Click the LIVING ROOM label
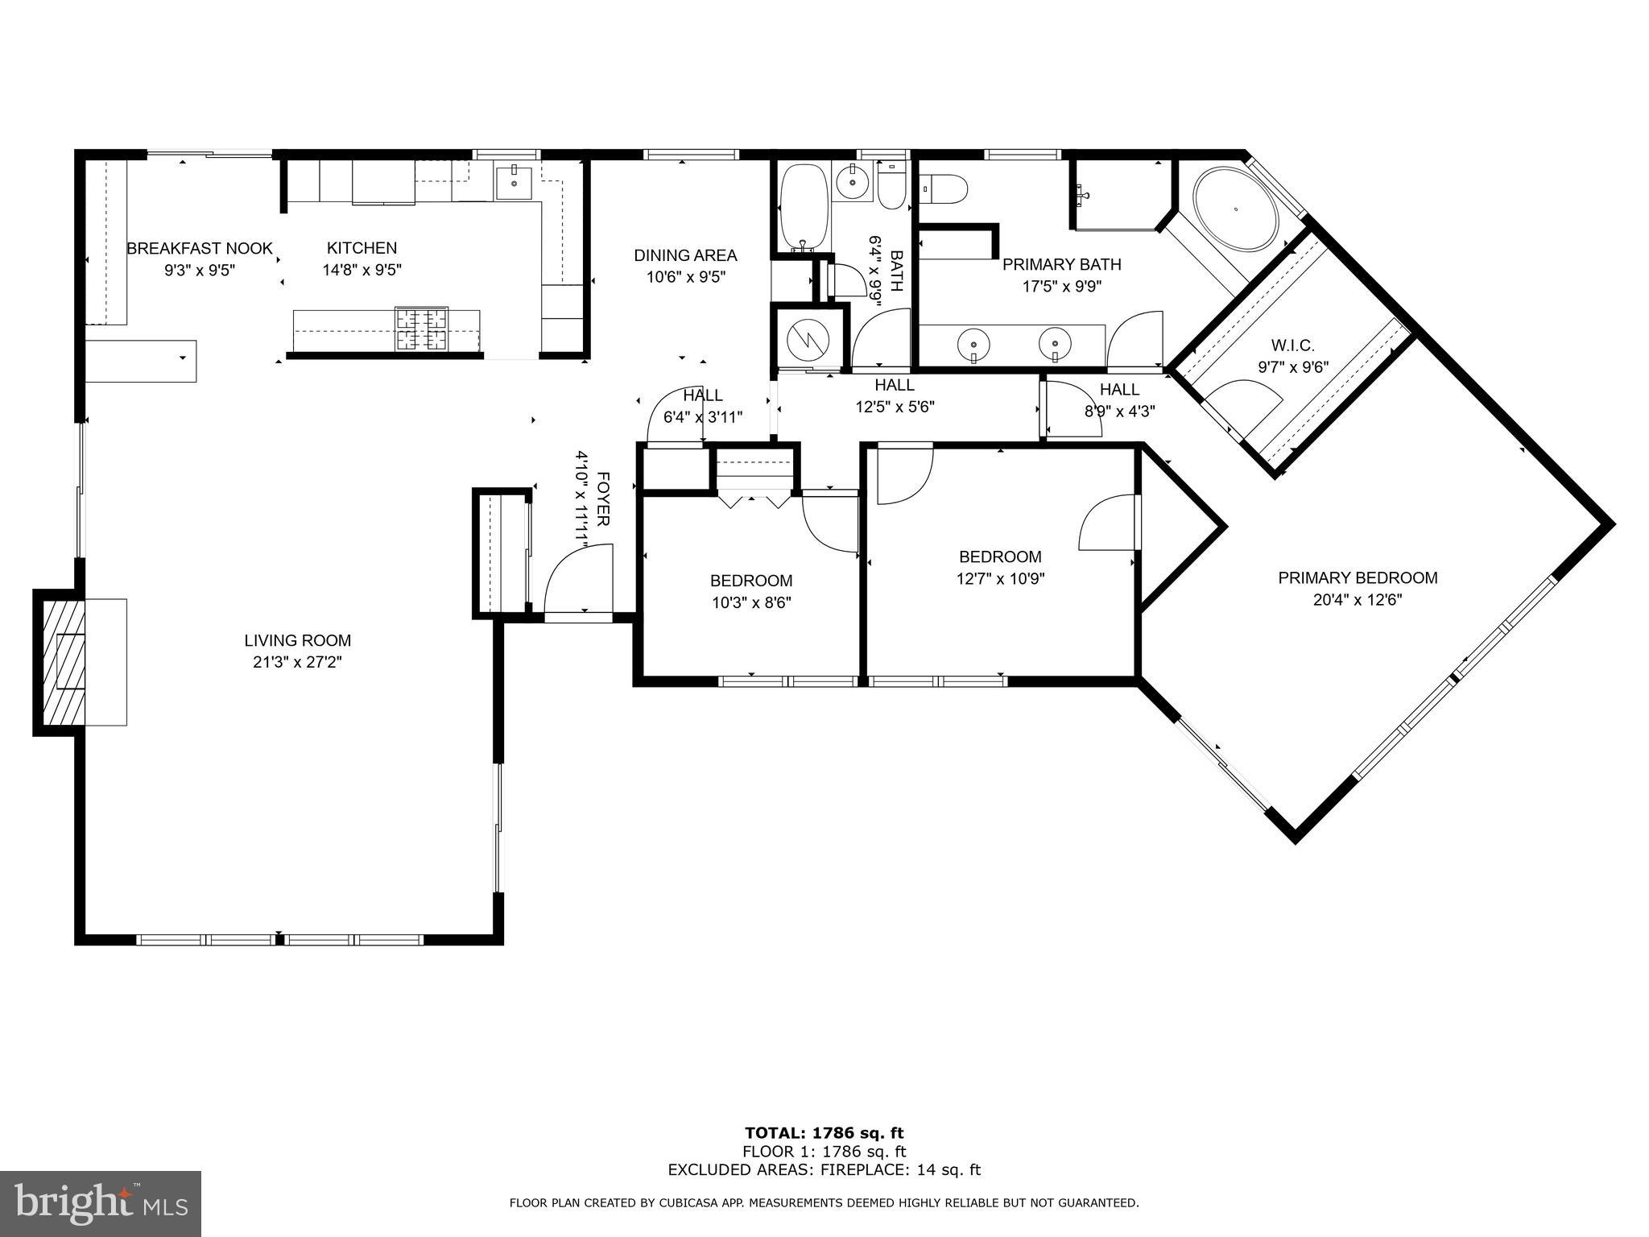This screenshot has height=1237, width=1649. pos(297,641)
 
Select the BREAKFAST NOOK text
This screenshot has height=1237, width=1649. pos(199,249)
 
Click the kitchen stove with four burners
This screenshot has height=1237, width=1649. pos(421,329)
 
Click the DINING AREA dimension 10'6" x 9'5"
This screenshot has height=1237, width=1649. pos(685,278)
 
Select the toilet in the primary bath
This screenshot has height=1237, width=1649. pos(948,191)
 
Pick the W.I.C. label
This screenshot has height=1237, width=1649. pos(1292,346)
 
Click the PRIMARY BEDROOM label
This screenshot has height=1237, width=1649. pos(1358,578)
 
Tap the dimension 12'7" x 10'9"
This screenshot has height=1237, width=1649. pos(1000,578)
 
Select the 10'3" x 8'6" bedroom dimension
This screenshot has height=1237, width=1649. pos(750,602)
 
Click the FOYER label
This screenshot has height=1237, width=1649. pos(603,499)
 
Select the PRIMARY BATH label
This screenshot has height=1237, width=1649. pos(1061,265)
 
